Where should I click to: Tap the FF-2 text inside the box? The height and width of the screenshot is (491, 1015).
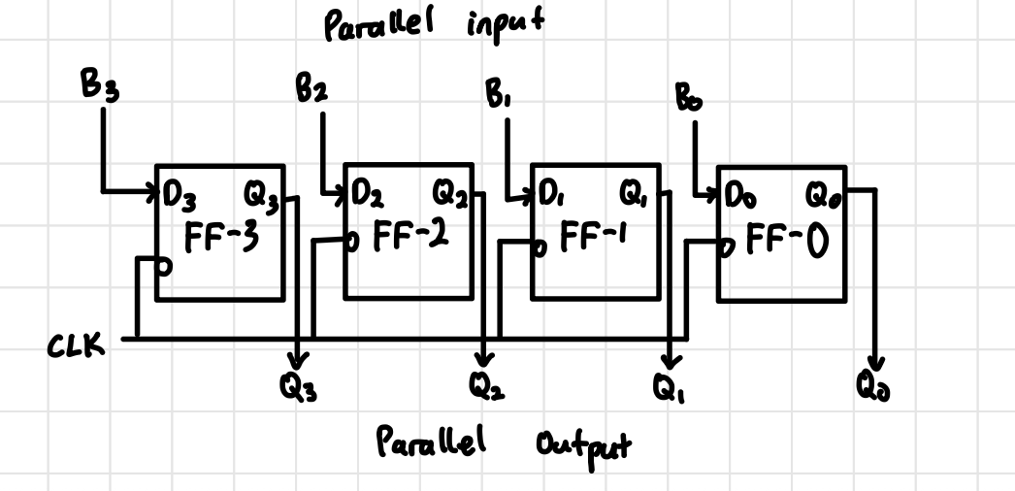(409, 235)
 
